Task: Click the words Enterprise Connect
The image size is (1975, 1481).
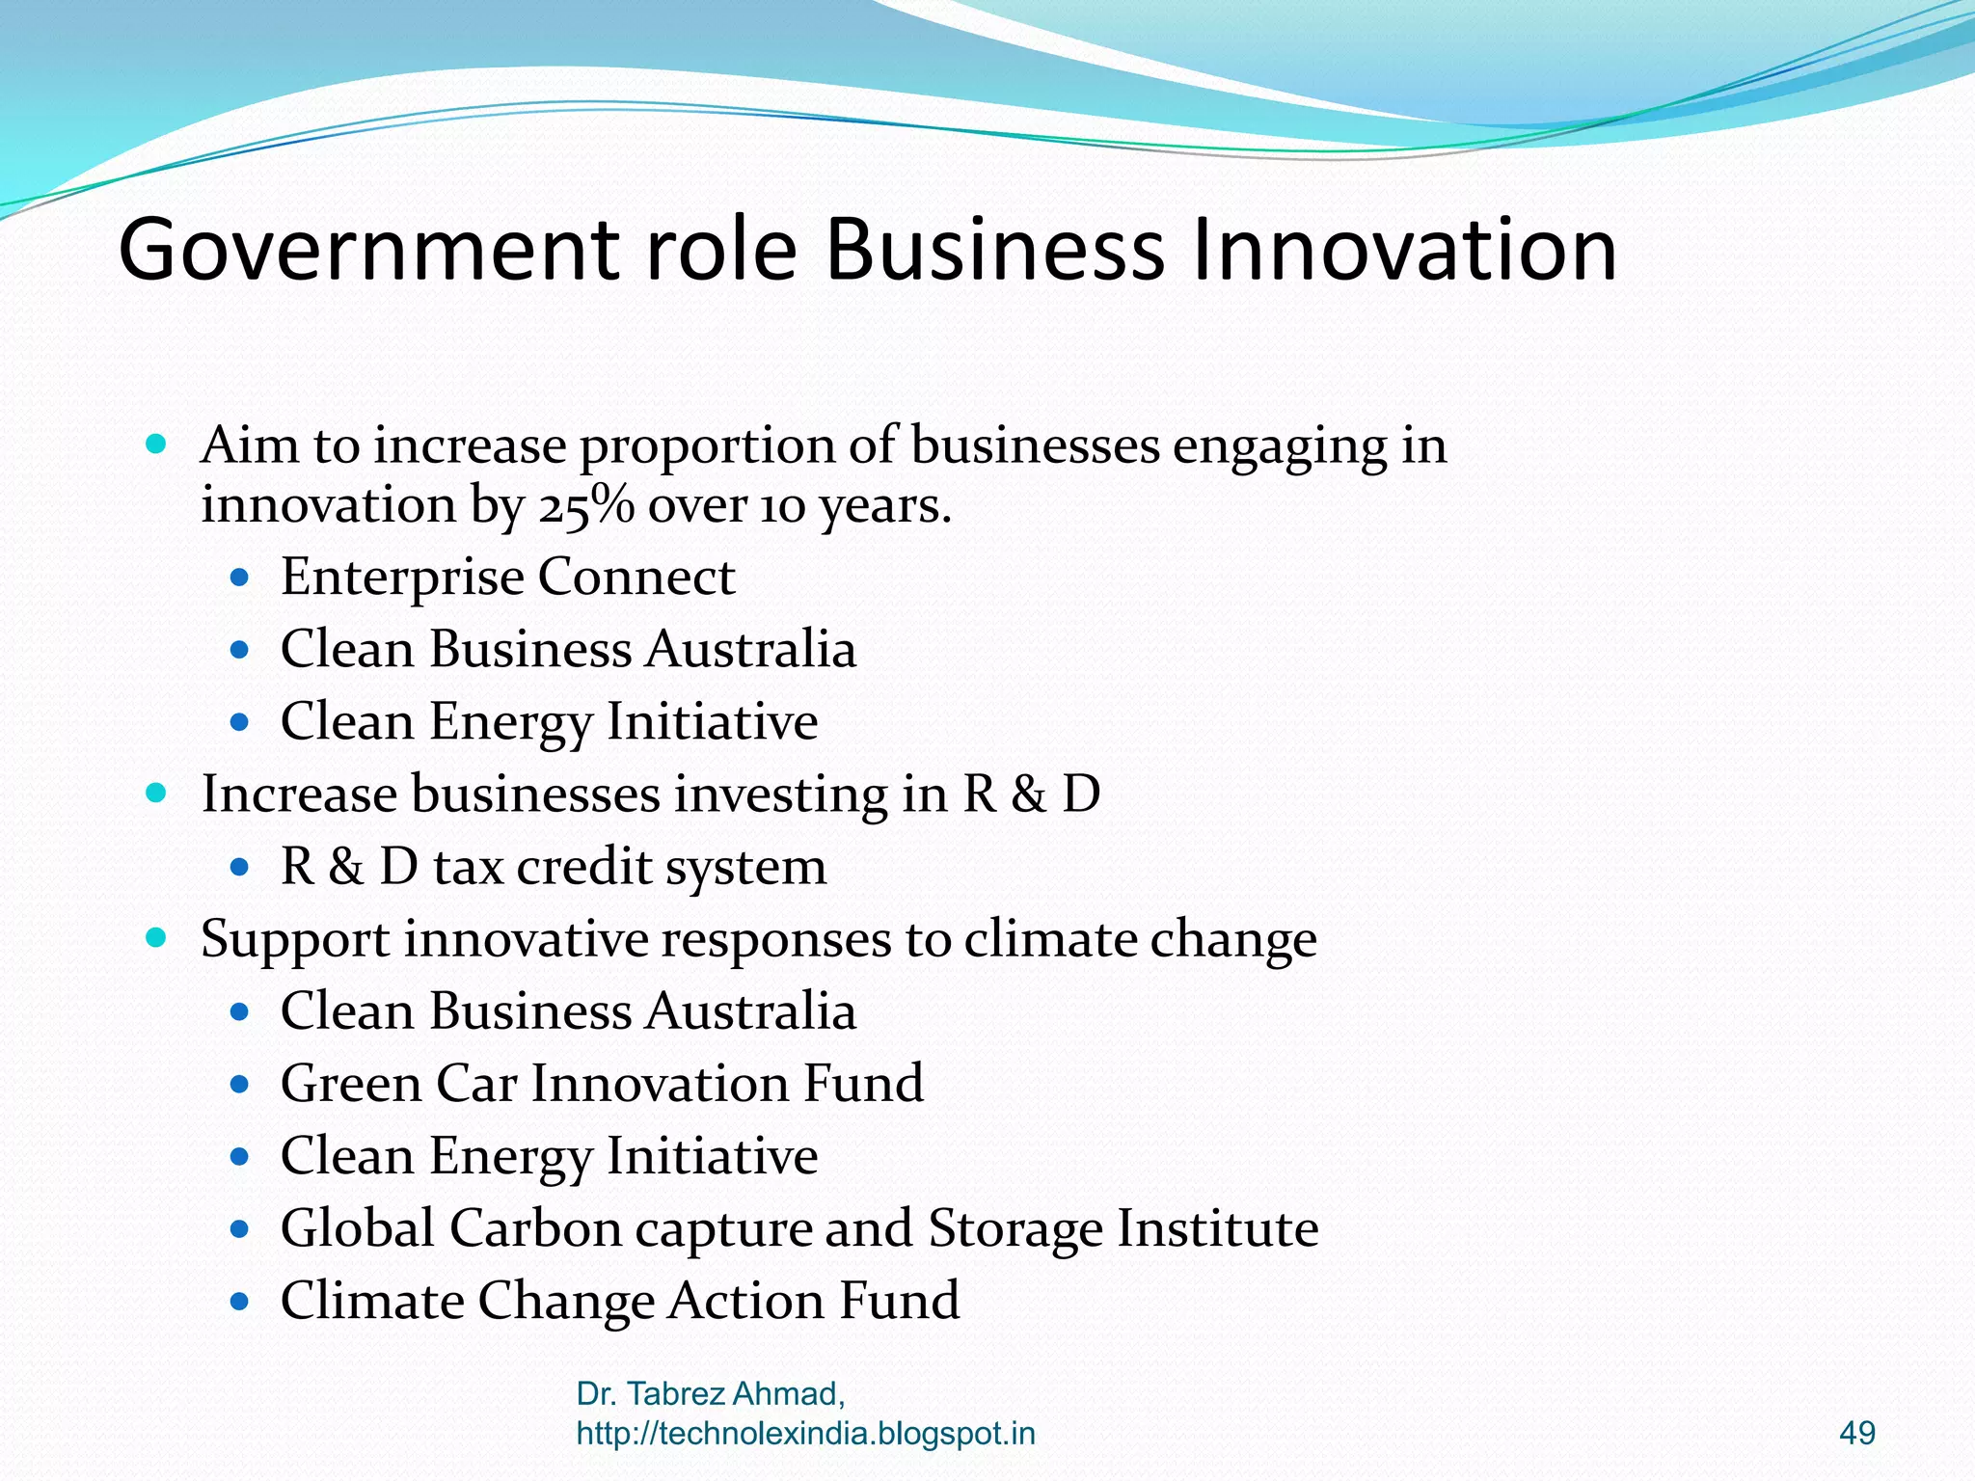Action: pos(507,578)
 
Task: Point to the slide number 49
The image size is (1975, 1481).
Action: pos(1857,1433)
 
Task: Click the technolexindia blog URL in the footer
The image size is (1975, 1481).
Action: pos(805,1434)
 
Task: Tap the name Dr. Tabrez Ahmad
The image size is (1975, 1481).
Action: pos(711,1393)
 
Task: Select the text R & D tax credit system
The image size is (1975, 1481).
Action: pos(553,867)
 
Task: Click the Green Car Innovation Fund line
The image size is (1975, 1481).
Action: pos(602,1084)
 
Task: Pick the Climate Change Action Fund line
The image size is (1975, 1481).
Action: pos(619,1301)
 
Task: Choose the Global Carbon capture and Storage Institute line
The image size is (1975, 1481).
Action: pos(798,1228)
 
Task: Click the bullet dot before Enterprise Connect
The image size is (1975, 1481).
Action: pos(240,579)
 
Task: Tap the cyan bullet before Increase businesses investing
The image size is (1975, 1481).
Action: pos(156,794)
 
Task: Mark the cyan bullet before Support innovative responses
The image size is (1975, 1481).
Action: pos(156,938)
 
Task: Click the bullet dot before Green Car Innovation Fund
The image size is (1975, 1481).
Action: pos(240,1085)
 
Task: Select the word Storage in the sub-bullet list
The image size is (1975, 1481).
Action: pos(1015,1228)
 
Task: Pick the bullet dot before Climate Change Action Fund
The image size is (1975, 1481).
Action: pos(240,1302)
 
